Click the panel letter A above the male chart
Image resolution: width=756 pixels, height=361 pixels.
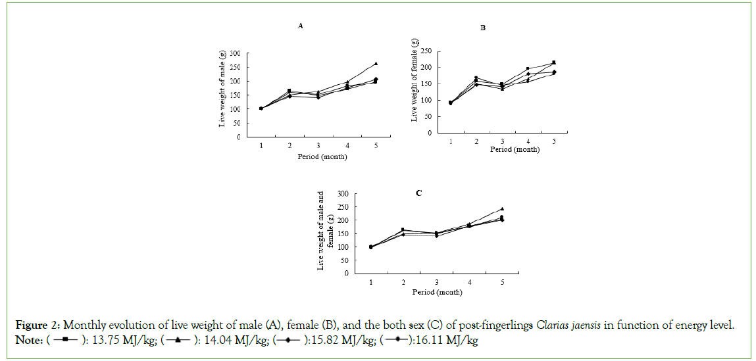301,26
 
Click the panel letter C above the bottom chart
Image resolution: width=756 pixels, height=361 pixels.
418,193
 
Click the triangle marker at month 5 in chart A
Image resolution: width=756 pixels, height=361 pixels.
376,64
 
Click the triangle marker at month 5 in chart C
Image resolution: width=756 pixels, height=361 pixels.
502,209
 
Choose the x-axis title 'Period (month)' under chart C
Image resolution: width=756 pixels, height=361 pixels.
438,291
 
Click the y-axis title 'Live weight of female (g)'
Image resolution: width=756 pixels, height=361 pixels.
415,80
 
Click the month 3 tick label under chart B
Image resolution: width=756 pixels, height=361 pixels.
502,141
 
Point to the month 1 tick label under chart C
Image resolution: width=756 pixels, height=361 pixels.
371,282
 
